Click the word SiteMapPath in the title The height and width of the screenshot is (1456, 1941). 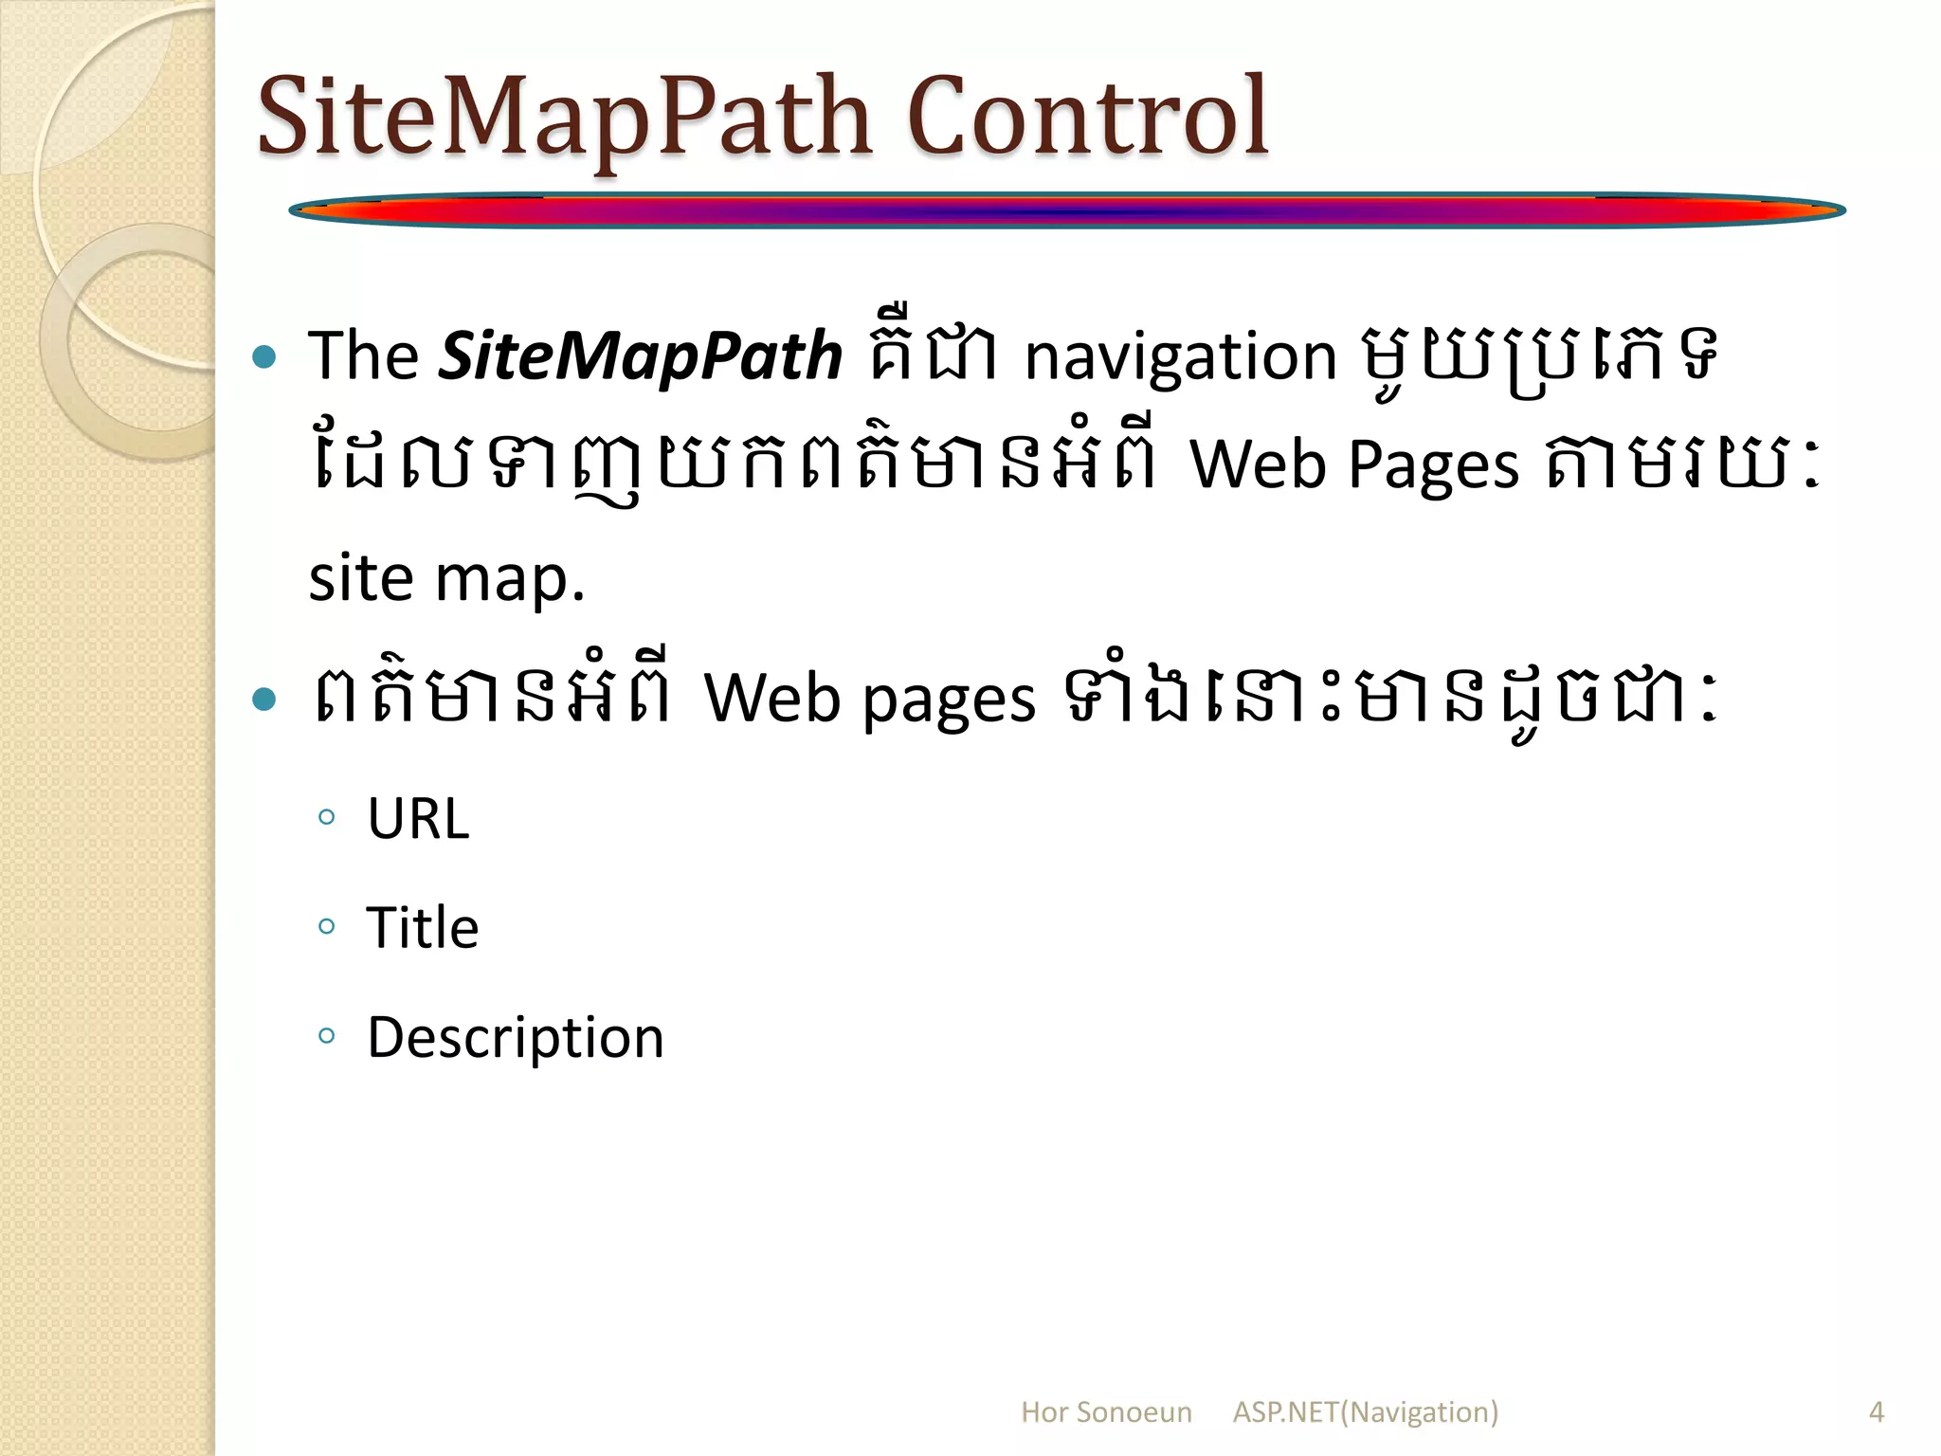point(564,118)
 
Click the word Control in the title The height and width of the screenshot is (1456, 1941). point(1088,118)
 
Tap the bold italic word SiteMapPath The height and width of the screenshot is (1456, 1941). point(640,357)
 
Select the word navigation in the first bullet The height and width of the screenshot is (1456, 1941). point(1180,357)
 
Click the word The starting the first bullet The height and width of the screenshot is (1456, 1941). point(363,356)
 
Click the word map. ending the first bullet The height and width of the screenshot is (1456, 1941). point(509,579)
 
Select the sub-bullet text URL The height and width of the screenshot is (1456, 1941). point(418,818)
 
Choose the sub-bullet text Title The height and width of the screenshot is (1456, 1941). point(423,927)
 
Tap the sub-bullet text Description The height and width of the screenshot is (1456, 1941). point(516,1037)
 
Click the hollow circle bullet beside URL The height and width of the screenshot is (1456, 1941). point(327,817)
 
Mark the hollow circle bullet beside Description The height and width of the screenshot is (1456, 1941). point(327,1035)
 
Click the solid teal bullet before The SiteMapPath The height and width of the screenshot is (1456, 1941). point(265,357)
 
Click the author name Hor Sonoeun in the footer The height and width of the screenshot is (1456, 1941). point(1106,1412)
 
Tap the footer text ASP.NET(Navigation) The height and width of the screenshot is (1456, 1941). point(1365,1412)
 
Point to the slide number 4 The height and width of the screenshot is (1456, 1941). point(1876,1412)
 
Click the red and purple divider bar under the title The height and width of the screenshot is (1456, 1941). point(1066,210)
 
